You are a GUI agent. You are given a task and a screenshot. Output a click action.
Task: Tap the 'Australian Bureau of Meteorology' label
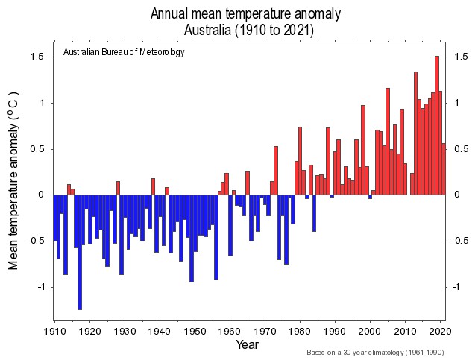(124, 53)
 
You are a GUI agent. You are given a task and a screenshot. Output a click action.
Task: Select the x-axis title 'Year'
(247, 344)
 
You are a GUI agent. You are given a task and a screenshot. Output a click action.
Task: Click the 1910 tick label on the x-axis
(54, 330)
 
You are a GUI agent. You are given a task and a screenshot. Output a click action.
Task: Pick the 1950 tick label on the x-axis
(195, 330)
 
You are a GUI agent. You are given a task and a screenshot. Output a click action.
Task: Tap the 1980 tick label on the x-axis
(300, 330)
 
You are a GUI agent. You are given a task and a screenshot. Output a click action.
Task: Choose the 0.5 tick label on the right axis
(459, 149)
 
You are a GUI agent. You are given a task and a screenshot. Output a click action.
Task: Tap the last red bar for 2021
(444, 168)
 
